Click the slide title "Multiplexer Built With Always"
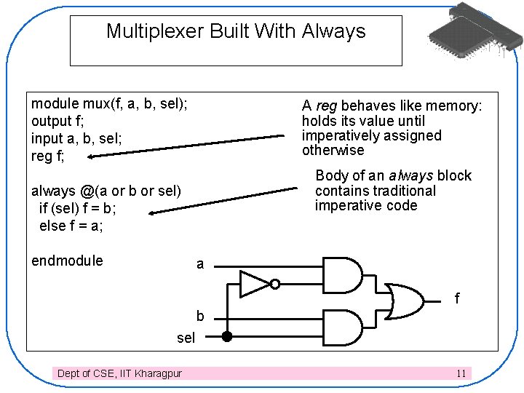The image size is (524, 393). [x=236, y=31]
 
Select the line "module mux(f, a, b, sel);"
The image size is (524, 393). [x=109, y=103]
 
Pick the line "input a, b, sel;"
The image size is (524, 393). [x=76, y=138]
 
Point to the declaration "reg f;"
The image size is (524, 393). [x=48, y=155]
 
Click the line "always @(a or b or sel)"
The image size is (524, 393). [x=106, y=191]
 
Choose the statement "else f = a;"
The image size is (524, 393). [x=71, y=226]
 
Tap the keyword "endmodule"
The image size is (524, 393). [x=67, y=261]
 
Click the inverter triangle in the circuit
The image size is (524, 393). [x=255, y=284]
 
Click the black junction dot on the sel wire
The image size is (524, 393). [x=226, y=337]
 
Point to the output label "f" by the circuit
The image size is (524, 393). [x=457, y=298]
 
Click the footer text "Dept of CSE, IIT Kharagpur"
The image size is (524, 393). [x=119, y=373]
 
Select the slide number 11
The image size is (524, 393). [x=461, y=373]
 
